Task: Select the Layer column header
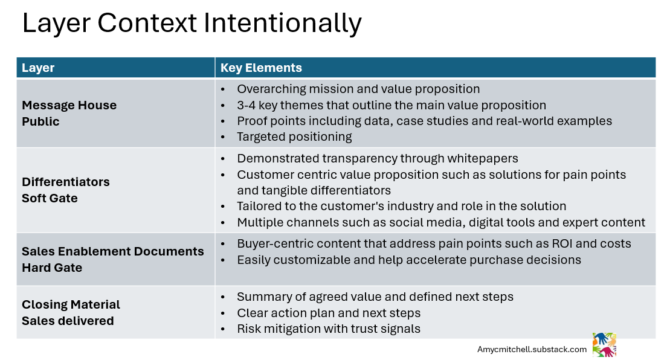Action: pyautogui.click(x=38, y=68)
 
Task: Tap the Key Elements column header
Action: pyautogui.click(x=261, y=68)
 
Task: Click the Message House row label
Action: pyautogui.click(x=69, y=105)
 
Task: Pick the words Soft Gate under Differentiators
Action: pyautogui.click(x=50, y=198)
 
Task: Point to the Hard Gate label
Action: pyautogui.click(x=52, y=268)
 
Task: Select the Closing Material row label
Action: pyautogui.click(x=71, y=304)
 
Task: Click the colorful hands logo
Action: pyautogui.click(x=604, y=344)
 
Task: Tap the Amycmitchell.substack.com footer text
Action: pyautogui.click(x=532, y=349)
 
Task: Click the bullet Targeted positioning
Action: pyautogui.click(x=294, y=137)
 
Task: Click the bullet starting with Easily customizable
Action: pyautogui.click(x=408, y=260)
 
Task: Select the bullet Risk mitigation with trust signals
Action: pyautogui.click(x=328, y=329)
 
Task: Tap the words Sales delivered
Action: pyautogui.click(x=68, y=321)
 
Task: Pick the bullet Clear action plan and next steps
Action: pyautogui.click(x=328, y=313)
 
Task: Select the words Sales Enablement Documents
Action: pyautogui.click(x=112, y=251)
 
